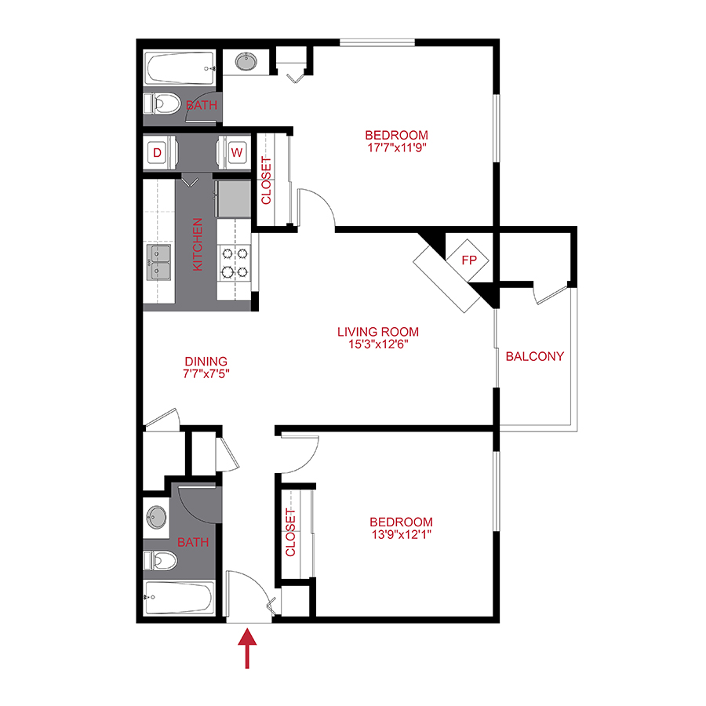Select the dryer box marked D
point(157,153)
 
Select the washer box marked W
point(236,153)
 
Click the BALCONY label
point(534,356)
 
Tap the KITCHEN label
point(198,245)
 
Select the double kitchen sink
point(159,262)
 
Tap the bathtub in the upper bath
point(179,68)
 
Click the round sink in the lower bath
point(156,517)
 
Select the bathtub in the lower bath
point(179,600)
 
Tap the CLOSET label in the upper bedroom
point(266,181)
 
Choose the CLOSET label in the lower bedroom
point(291,533)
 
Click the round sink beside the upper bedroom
point(247,61)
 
